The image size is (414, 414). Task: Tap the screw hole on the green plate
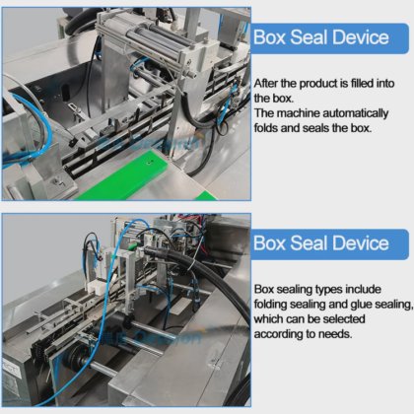pyautogui.click(x=151, y=162)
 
